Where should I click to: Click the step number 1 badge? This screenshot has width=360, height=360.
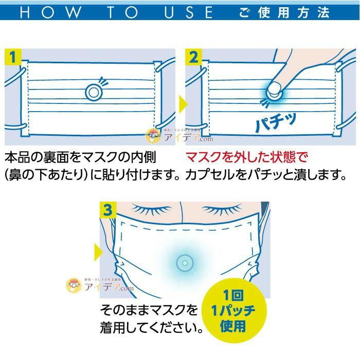(13, 57)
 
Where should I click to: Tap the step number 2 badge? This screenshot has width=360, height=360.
(193, 57)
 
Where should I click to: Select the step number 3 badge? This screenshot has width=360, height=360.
(108, 210)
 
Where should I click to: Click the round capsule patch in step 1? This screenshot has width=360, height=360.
(93, 92)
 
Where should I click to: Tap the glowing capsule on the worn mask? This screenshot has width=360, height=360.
(185, 263)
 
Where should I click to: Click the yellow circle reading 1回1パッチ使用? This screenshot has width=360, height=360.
(233, 311)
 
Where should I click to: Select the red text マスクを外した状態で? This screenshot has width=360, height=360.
(246, 157)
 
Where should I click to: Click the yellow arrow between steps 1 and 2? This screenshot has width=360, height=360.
(183, 104)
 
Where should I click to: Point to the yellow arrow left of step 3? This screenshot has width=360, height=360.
(99, 252)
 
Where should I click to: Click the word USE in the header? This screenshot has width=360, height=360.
(189, 12)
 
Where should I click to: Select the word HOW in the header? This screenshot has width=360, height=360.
(50, 12)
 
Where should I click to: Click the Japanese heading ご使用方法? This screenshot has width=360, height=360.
(284, 12)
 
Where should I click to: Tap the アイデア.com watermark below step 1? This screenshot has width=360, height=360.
(179, 136)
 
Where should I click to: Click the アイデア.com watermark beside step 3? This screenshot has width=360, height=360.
(100, 285)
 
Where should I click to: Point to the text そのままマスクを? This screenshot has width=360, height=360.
(149, 310)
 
